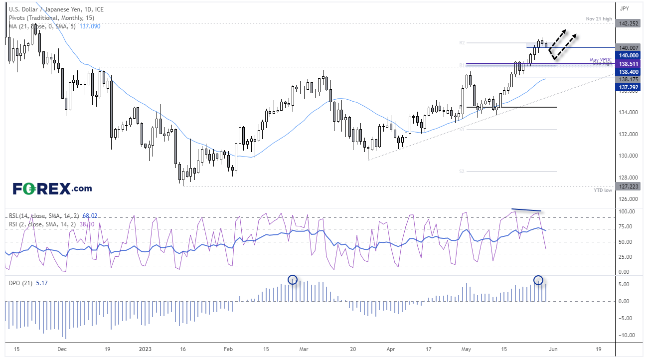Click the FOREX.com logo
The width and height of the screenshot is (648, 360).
coord(52,188)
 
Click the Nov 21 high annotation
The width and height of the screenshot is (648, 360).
coord(599,18)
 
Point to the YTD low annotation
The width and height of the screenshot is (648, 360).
coord(603,190)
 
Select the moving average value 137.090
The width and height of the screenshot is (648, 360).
coord(90,26)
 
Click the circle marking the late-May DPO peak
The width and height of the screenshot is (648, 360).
coord(538,280)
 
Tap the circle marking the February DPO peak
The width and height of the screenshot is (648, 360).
coord(293,280)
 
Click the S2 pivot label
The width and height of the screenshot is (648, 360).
coord(462,171)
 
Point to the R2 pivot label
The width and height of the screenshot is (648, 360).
coord(462,43)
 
